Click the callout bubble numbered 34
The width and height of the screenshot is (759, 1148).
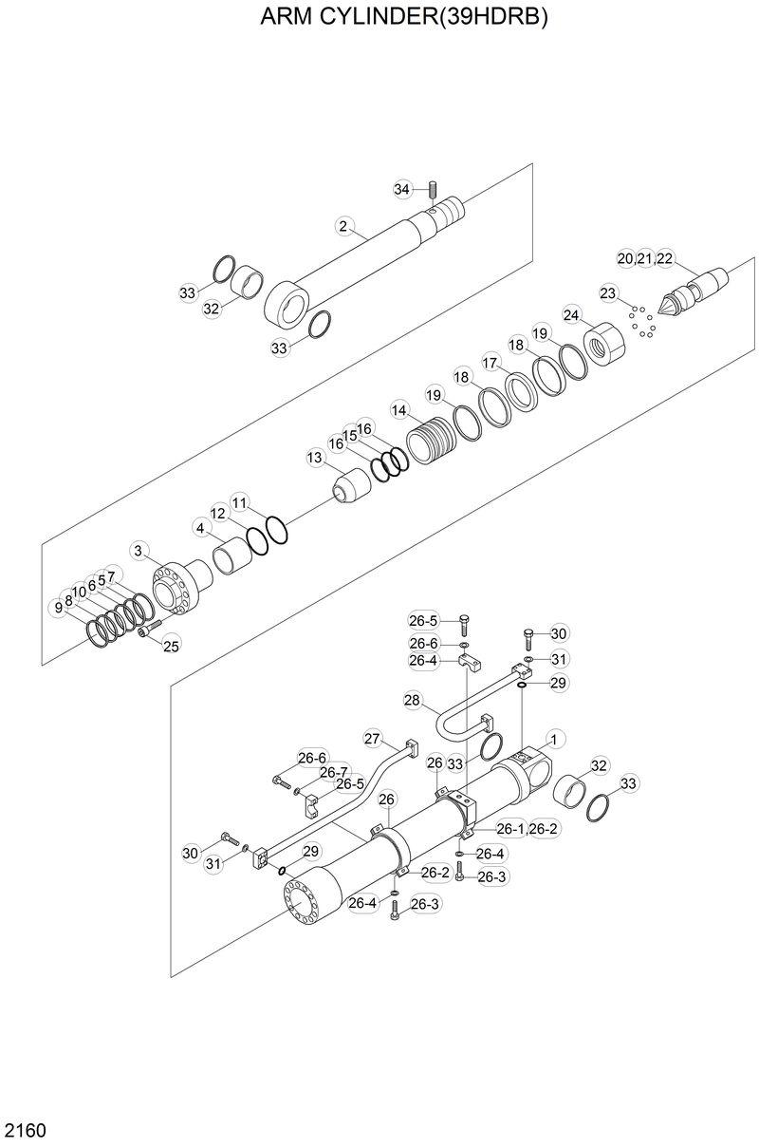click(401, 190)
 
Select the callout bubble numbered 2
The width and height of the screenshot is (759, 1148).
click(343, 226)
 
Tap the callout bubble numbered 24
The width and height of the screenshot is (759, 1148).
click(571, 314)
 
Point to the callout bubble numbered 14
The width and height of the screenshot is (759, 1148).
click(399, 410)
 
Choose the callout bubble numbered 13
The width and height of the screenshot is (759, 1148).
click(315, 458)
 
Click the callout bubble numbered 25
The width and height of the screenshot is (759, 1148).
click(171, 647)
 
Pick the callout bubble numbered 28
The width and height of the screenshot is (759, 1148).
click(412, 701)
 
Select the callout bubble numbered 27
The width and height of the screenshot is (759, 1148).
click(372, 739)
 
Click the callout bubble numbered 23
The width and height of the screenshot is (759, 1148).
click(607, 292)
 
